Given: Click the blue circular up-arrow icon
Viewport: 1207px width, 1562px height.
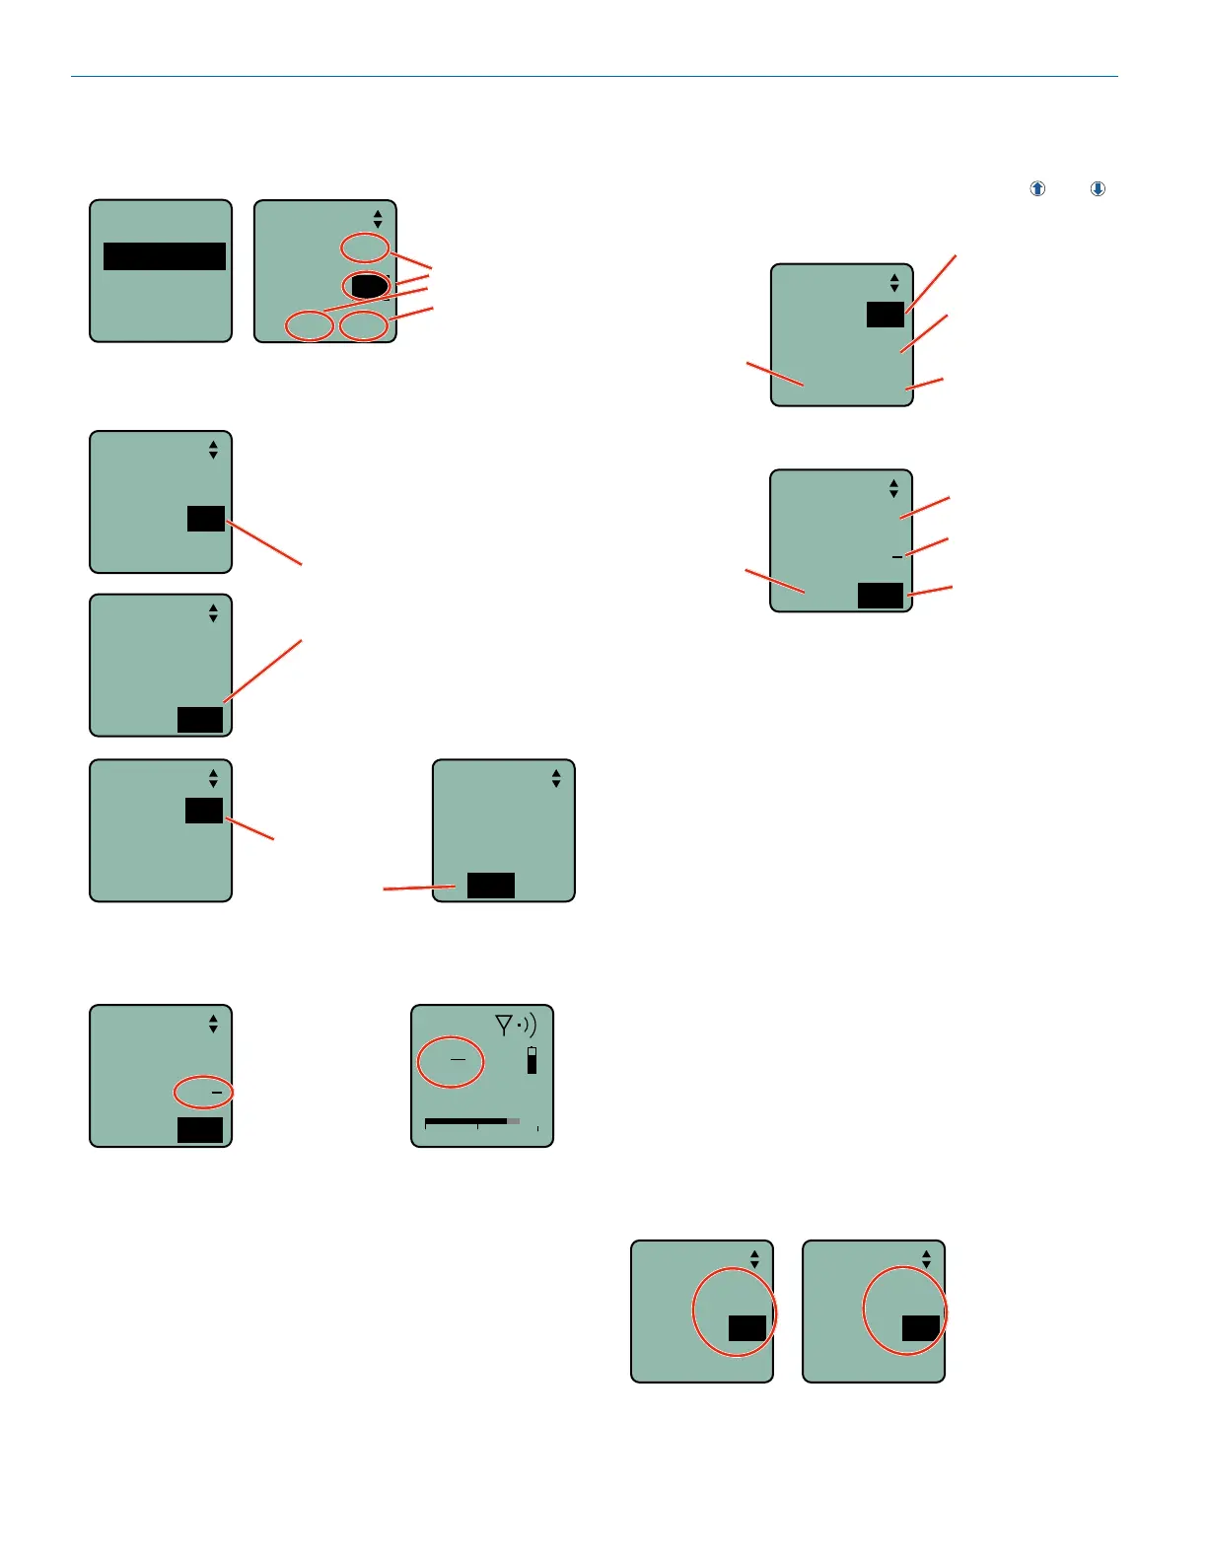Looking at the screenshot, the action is pyautogui.click(x=1037, y=188).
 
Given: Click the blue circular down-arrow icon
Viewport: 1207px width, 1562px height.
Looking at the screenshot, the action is pyautogui.click(x=1098, y=188).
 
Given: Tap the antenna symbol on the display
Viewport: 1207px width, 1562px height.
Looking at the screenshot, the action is pyautogui.click(x=504, y=1027).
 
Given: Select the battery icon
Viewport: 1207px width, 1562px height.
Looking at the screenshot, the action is pyautogui.click(x=532, y=1060).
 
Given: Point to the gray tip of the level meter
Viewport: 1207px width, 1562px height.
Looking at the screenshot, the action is pyautogui.click(x=514, y=1121).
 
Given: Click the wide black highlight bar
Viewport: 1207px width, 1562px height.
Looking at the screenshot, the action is pyautogui.click(x=165, y=256).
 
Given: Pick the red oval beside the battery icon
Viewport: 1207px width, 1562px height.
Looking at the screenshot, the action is pyautogui.click(x=452, y=1062).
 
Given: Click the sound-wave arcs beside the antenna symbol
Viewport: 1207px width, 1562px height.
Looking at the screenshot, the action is pyautogui.click(x=528, y=1026).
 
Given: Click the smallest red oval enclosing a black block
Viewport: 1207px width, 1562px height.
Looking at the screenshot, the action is pyautogui.click(x=366, y=286).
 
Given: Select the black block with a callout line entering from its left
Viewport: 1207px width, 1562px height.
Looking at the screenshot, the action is pyautogui.click(x=491, y=886).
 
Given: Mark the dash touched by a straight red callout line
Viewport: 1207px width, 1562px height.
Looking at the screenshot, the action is pyautogui.click(x=897, y=557).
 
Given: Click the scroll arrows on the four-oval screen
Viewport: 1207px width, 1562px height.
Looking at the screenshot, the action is pyautogui.click(x=378, y=219).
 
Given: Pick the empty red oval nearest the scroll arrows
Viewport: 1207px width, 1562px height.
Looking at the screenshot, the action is pyautogui.click(x=365, y=248).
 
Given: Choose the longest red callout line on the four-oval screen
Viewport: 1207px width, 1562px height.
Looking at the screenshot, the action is pyautogui.click(x=375, y=300).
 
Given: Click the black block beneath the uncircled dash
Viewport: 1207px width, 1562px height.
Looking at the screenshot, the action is pyautogui.click(x=881, y=596).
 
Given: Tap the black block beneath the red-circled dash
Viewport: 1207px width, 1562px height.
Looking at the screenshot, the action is pyautogui.click(x=200, y=1130).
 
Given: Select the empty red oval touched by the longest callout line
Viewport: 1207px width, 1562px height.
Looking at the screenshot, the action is pyautogui.click(x=310, y=324).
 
